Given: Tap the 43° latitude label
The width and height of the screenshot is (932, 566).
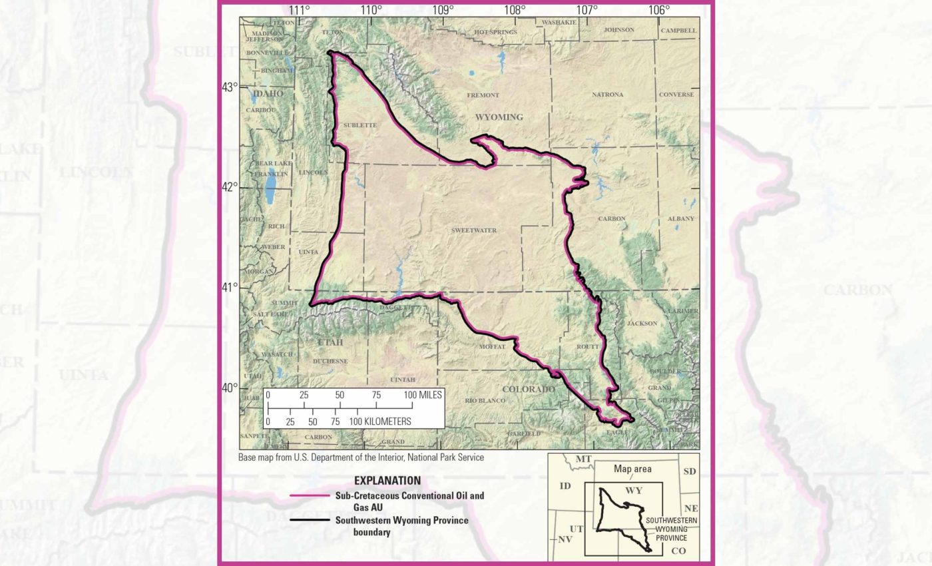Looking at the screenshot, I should [230, 87].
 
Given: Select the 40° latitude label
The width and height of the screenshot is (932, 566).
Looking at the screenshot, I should [230, 388].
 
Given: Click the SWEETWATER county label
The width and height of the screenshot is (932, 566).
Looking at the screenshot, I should [474, 230].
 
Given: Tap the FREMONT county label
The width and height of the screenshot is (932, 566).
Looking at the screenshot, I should [483, 95].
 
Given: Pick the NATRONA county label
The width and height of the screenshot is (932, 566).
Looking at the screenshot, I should [607, 95].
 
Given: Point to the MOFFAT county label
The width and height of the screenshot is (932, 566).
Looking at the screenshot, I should [492, 347].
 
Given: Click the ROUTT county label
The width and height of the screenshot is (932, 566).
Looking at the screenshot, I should [585, 347].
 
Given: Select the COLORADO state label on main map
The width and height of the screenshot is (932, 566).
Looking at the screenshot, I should [529, 389].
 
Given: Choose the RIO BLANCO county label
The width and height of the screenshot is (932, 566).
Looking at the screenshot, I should [485, 400].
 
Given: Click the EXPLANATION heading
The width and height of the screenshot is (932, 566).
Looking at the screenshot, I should [387, 481].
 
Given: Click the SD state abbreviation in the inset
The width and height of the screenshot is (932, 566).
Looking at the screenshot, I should [689, 471].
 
